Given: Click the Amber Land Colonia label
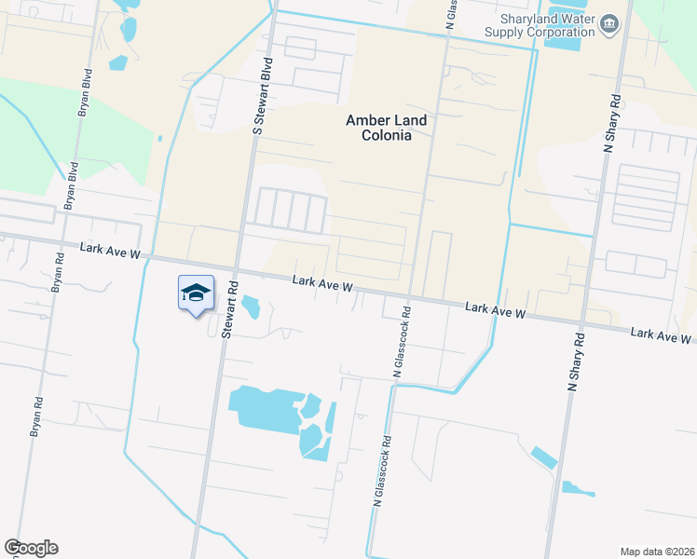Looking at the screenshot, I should coord(377,127).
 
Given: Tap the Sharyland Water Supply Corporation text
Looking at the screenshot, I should coord(539,24).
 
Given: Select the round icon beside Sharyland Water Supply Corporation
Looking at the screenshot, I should coord(609,23).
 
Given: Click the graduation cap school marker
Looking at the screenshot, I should coord(196,293).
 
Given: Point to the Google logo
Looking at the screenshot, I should coord(31,548).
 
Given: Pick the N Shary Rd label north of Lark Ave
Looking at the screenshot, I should coord(611,121).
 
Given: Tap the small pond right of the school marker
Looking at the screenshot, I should coord(251,307).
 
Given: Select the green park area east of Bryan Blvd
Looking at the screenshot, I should coord(107,140).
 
